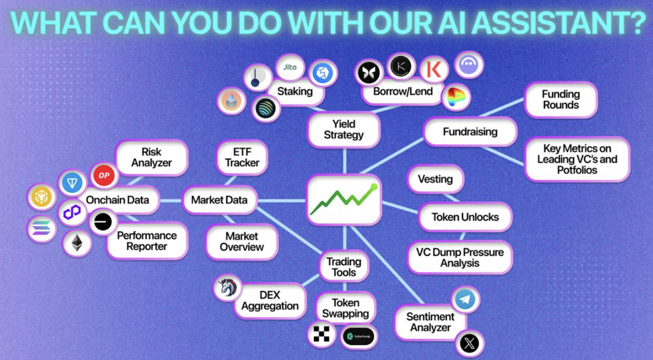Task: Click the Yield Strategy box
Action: point(344,129)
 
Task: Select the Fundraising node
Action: point(470,132)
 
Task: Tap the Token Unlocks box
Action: point(465,217)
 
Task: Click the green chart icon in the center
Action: point(344,200)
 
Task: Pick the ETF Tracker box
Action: point(242,157)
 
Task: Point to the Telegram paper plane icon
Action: point(465,299)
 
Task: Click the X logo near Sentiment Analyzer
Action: point(469,344)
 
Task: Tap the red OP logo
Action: point(104,176)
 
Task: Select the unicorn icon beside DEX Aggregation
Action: point(227,287)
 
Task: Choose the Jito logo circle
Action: point(290,67)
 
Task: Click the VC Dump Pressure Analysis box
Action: point(460,258)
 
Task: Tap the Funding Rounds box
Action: point(561,100)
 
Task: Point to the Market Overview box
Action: point(242,242)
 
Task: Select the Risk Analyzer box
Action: point(151,157)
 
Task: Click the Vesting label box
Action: point(435,179)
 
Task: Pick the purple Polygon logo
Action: point(72,212)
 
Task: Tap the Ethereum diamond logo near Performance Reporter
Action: point(77,244)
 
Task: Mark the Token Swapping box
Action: point(346,308)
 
